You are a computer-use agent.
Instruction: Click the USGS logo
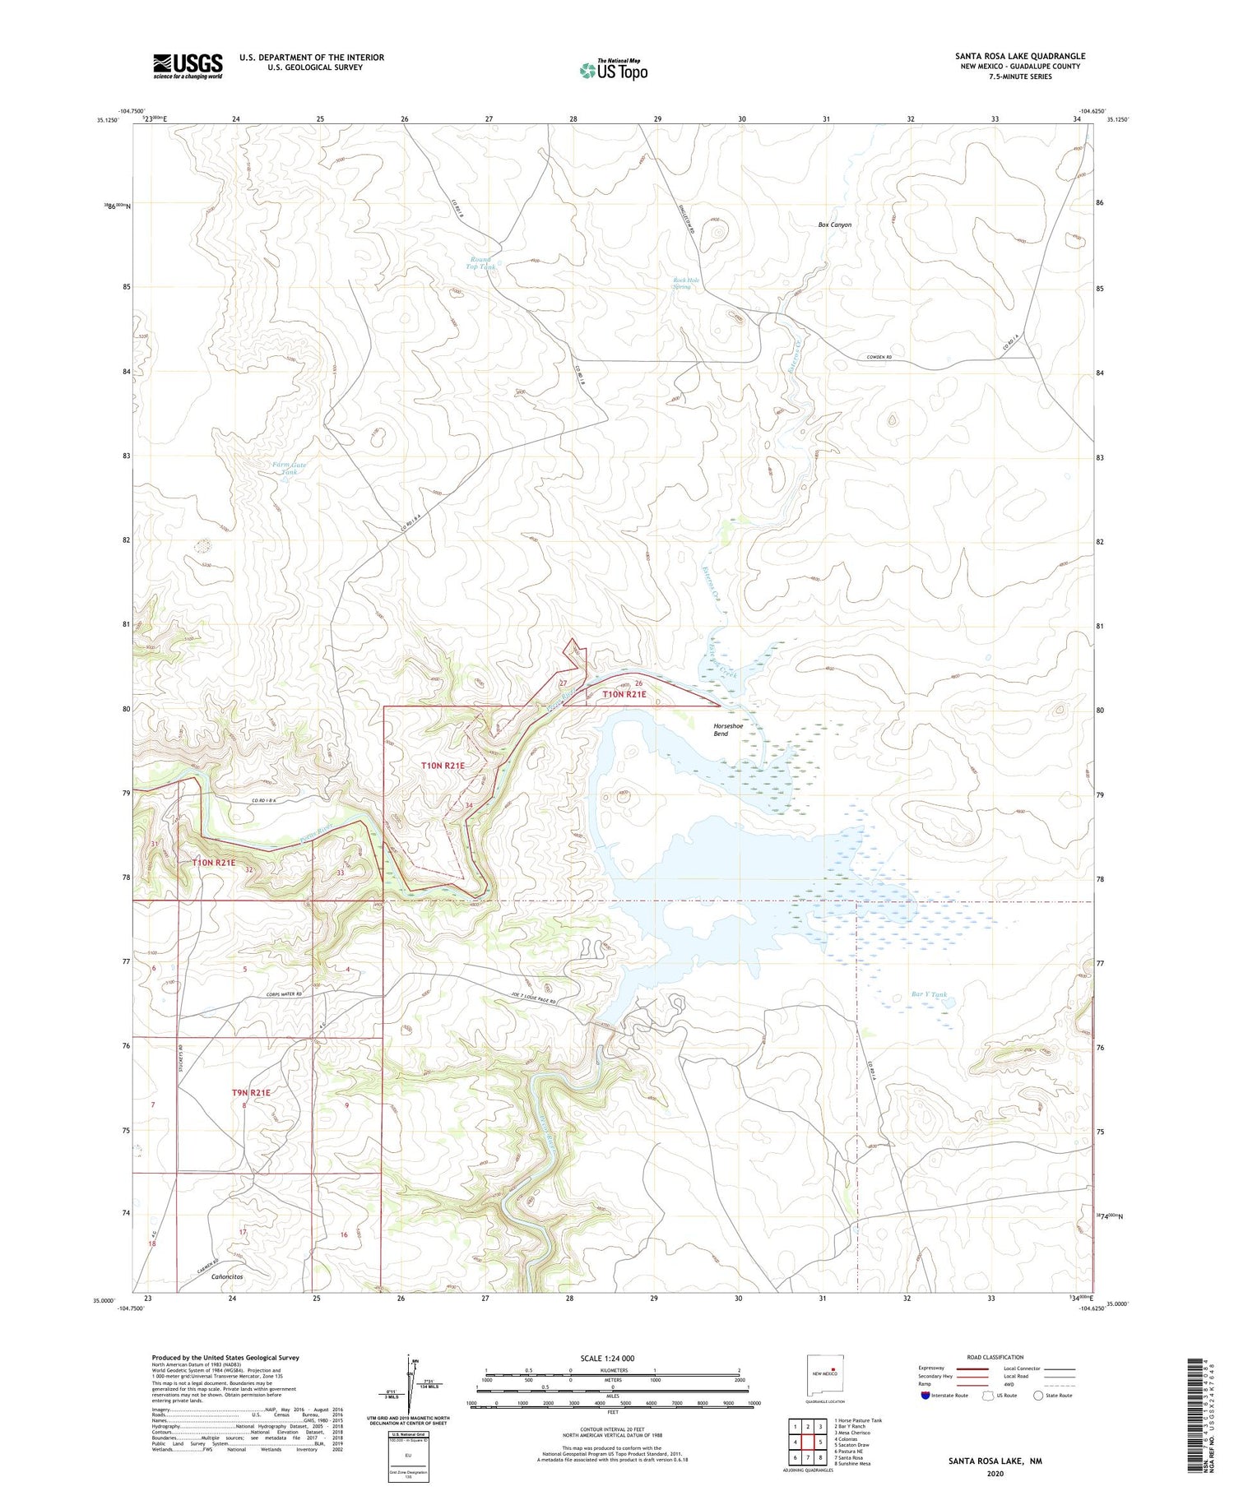pyautogui.click(x=188, y=66)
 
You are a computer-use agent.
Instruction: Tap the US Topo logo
pyautogui.click(x=613, y=70)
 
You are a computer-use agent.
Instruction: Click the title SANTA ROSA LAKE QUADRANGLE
pyautogui.click(x=1019, y=56)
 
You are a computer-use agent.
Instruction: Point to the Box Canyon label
pyautogui.click(x=834, y=225)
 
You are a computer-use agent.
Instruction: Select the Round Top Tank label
pyautogui.click(x=481, y=263)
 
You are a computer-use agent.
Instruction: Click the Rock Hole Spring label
pyautogui.click(x=686, y=284)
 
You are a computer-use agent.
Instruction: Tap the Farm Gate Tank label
pyautogui.click(x=290, y=469)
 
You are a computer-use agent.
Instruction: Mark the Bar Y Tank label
pyautogui.click(x=929, y=994)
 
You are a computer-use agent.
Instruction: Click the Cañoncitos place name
pyautogui.click(x=227, y=1276)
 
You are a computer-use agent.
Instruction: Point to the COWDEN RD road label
pyautogui.click(x=879, y=357)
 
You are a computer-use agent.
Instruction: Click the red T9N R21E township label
pyautogui.click(x=251, y=1092)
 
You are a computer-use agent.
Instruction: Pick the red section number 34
pyautogui.click(x=469, y=805)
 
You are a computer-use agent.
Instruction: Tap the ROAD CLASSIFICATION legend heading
pyautogui.click(x=995, y=1357)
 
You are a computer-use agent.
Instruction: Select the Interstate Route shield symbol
pyautogui.click(x=925, y=1396)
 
